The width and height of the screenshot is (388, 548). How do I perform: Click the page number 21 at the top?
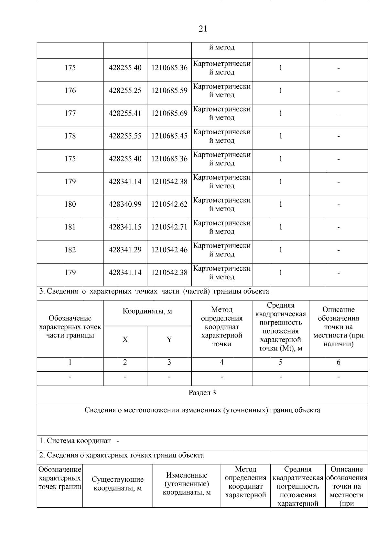click(x=202, y=29)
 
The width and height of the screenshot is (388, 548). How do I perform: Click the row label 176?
click(x=70, y=91)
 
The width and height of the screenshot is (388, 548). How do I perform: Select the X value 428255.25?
click(x=125, y=91)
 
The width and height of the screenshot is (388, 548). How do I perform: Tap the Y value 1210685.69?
click(x=169, y=113)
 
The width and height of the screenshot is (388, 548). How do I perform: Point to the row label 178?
click(x=70, y=136)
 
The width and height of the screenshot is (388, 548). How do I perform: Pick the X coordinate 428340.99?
click(x=125, y=204)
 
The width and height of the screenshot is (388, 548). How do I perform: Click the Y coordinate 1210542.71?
click(x=169, y=227)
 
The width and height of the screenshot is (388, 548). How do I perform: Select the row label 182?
click(x=70, y=250)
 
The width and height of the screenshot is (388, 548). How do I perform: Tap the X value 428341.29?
click(x=125, y=250)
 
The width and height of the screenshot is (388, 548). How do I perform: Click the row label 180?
click(x=70, y=204)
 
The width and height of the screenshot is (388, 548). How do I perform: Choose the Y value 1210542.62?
click(x=169, y=204)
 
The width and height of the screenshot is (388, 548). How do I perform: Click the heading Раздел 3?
click(x=202, y=393)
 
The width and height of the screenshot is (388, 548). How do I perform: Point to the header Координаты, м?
click(x=147, y=311)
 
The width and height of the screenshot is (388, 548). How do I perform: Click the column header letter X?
click(x=125, y=340)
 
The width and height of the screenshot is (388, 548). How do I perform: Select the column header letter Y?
click(x=169, y=340)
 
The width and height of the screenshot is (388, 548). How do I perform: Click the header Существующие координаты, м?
click(x=118, y=484)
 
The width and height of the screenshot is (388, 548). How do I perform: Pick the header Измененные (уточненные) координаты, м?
click(x=187, y=484)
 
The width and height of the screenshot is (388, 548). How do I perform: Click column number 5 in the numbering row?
click(x=280, y=362)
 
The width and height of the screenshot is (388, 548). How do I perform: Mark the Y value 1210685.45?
click(x=169, y=136)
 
